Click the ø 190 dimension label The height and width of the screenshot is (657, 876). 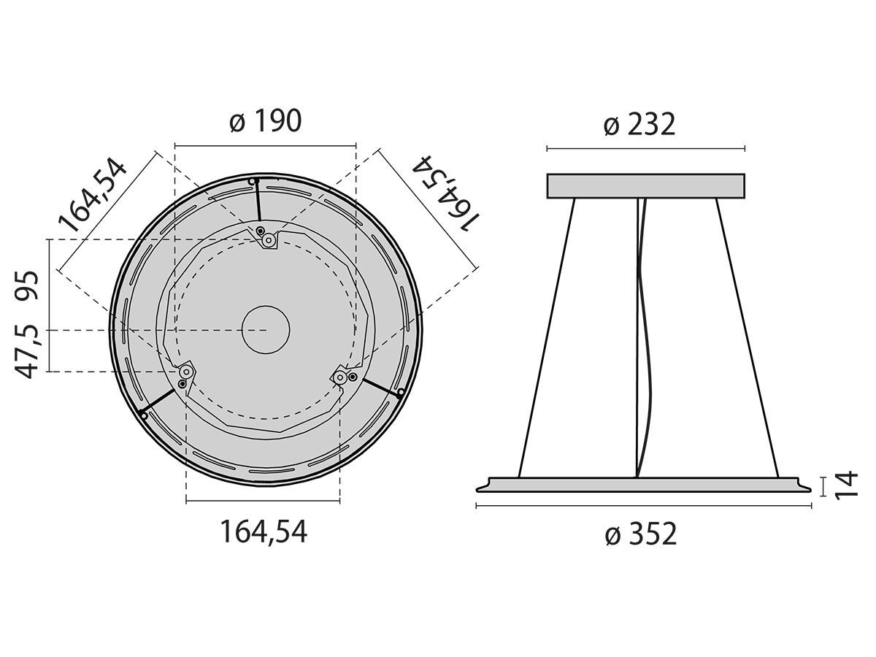265,121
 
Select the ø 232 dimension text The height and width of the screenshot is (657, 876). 639,125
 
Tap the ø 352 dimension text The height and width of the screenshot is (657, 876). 641,534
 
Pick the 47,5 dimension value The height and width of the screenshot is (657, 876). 28,352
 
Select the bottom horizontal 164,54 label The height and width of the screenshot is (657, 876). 264,532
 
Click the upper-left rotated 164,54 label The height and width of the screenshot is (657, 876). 92,194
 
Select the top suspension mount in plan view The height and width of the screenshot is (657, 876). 269,239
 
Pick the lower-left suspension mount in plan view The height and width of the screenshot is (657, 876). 186,372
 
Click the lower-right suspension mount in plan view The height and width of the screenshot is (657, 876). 342,377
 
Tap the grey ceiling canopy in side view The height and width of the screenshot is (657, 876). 645,185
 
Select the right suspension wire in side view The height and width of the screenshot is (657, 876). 746,336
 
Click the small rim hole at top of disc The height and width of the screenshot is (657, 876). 253,181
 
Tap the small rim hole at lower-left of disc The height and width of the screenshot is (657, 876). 144,415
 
